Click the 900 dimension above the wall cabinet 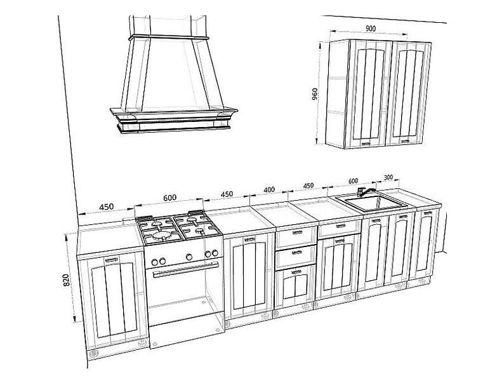[x=371, y=28]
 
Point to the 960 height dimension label [x=315, y=94]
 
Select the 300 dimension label [x=388, y=177]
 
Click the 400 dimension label [x=269, y=190]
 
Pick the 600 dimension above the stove [x=169, y=198]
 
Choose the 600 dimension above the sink [x=353, y=181]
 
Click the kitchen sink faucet [x=364, y=192]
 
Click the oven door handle [x=186, y=270]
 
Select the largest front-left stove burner [x=162, y=236]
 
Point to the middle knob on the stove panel [x=189, y=257]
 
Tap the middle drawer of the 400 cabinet [x=296, y=257]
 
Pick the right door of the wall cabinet [x=408, y=93]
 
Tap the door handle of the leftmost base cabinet [x=112, y=258]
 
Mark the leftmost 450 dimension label [x=106, y=207]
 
